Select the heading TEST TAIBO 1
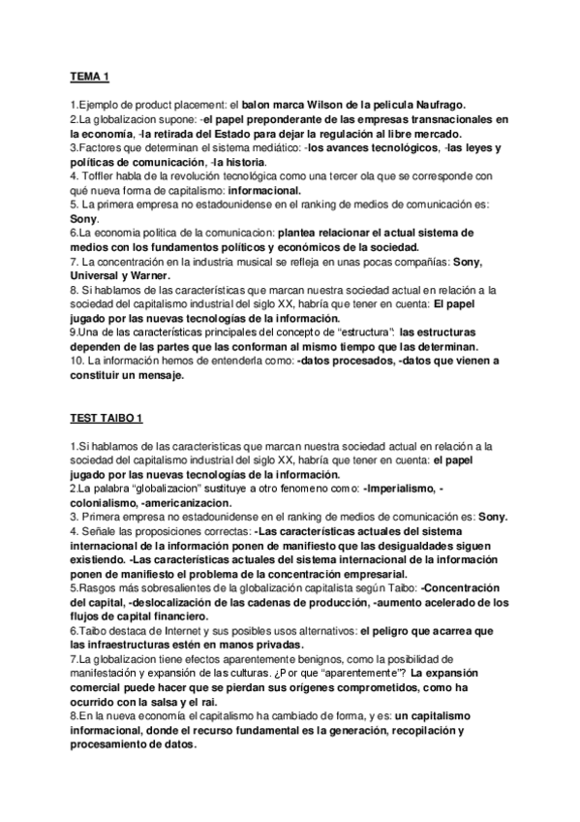point(107,419)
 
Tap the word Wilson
point(325,104)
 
